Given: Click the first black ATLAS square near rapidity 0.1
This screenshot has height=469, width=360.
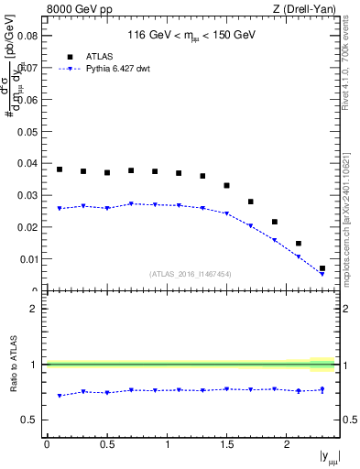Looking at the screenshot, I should tap(60, 169).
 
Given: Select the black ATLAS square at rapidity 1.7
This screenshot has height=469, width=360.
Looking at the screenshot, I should tap(250, 202).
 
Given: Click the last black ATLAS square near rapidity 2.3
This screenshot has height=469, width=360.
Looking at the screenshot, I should tap(322, 268).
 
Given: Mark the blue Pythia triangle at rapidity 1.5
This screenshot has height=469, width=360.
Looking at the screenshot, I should tap(226, 213).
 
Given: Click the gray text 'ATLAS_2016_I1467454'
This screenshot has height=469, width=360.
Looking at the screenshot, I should tap(191, 274).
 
